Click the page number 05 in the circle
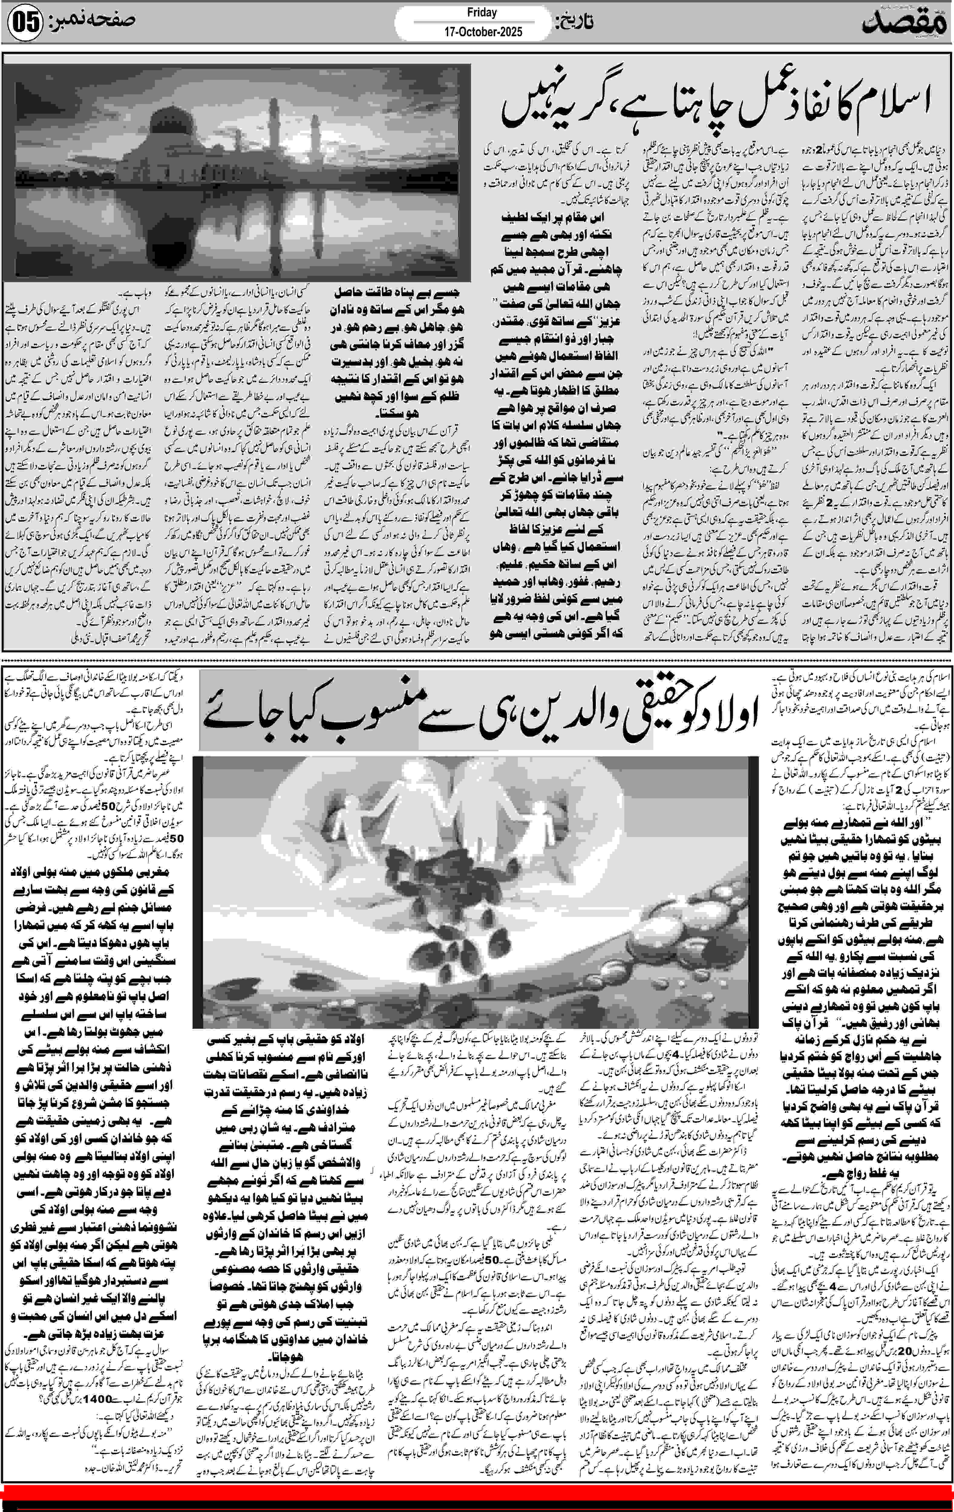25,23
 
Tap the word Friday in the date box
482,13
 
